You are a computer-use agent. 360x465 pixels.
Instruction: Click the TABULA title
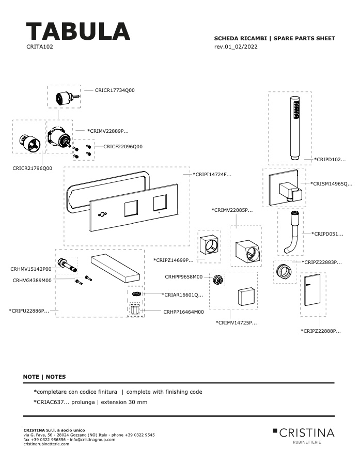point(78,31)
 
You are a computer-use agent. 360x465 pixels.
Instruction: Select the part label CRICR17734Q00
point(115,90)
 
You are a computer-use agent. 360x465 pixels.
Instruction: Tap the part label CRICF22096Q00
point(123,147)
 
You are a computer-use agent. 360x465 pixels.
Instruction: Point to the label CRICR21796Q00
point(33,168)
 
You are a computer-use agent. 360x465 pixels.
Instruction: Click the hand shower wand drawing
point(294,129)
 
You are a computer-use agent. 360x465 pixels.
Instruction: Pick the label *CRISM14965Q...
point(331,183)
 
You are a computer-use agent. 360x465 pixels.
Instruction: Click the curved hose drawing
point(292,232)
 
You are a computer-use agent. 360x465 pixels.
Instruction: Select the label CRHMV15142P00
point(31,269)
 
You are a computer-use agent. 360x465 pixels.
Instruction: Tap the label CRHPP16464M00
point(183,312)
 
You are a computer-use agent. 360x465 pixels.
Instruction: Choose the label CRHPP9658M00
point(184,277)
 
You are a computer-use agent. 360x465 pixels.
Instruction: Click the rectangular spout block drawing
point(115,268)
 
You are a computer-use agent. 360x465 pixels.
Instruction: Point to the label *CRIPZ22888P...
point(321,331)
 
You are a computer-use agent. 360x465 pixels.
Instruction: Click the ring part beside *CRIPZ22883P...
point(285,270)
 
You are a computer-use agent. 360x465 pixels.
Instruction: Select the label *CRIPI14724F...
point(212,175)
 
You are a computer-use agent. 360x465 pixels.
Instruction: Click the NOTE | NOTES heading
point(44,377)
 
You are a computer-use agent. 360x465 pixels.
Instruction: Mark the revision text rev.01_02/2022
point(236,47)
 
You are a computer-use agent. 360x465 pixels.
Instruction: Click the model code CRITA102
point(40,47)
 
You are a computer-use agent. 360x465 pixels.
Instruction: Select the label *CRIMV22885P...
point(232,210)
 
